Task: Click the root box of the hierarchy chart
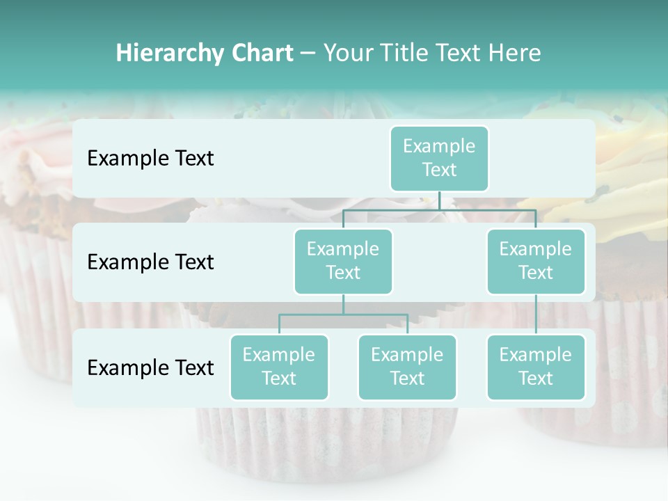(x=439, y=158)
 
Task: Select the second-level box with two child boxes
(x=343, y=261)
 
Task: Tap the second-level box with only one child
(x=535, y=261)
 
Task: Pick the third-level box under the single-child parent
(x=535, y=367)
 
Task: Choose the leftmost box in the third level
(x=279, y=367)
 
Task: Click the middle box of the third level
(x=407, y=367)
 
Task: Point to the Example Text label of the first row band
(x=150, y=158)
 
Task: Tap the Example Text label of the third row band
(x=150, y=367)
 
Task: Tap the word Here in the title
(x=514, y=53)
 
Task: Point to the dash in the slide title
(x=308, y=54)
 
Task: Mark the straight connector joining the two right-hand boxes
(x=535, y=315)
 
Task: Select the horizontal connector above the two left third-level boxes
(x=343, y=315)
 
